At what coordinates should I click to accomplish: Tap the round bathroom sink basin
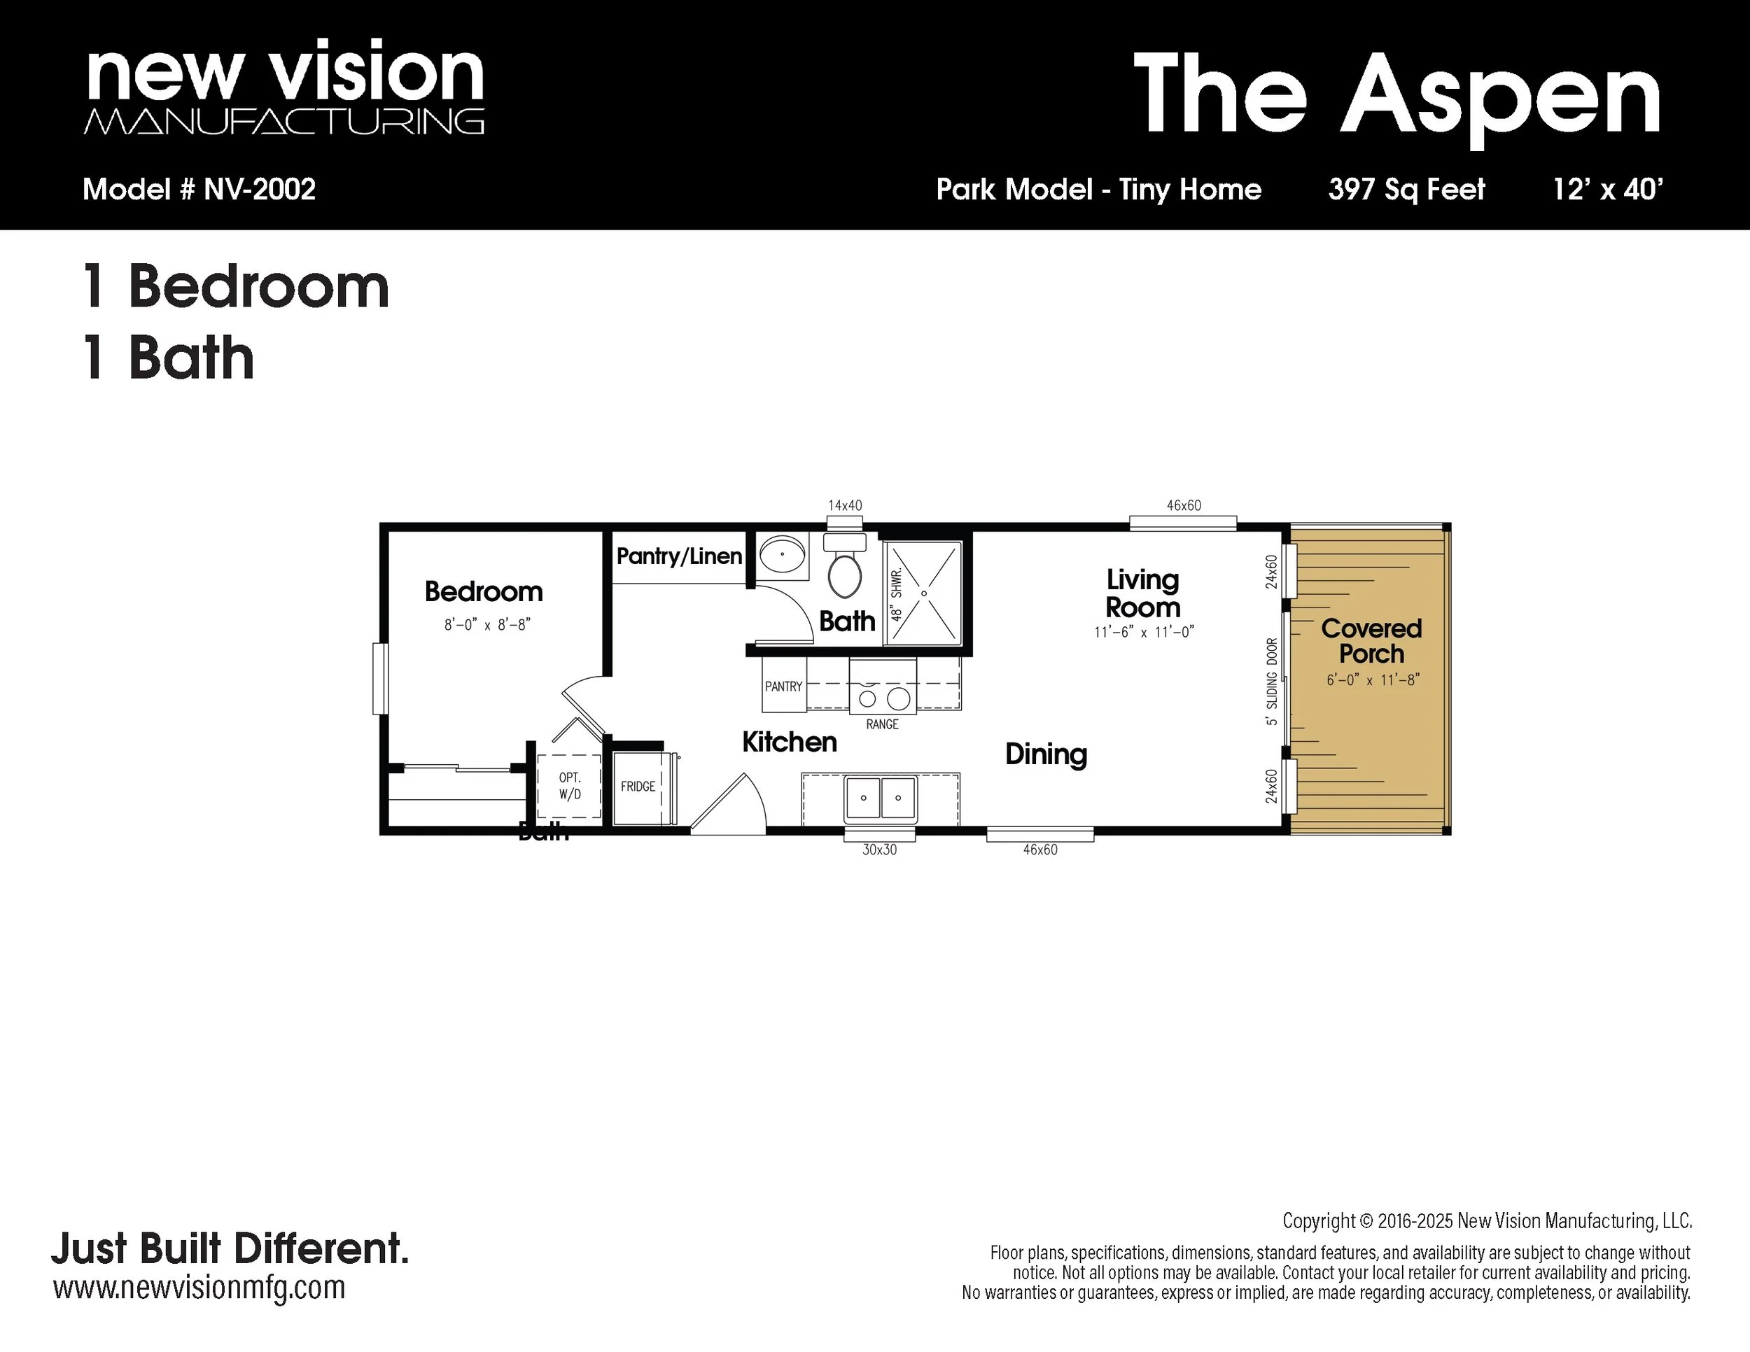click(x=782, y=554)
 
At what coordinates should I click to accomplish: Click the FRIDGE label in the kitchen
click(x=638, y=787)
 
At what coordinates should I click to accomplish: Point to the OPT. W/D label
click(x=570, y=786)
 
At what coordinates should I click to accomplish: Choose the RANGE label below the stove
click(x=882, y=724)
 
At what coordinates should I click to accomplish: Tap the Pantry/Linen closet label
click(x=680, y=556)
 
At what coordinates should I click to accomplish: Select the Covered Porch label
click(x=1371, y=641)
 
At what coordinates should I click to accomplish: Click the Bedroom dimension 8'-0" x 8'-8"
click(x=487, y=625)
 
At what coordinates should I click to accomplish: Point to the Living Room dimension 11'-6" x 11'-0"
click(x=1143, y=632)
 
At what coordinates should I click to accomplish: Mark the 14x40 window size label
click(x=845, y=505)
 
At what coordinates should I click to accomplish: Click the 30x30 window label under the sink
click(x=879, y=850)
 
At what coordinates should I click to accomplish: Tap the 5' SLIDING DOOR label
click(x=1272, y=682)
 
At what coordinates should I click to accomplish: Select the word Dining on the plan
click(x=1046, y=754)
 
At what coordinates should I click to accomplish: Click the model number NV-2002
click(x=260, y=190)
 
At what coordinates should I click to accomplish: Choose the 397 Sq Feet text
click(x=1406, y=190)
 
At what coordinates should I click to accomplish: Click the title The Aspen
click(x=1396, y=94)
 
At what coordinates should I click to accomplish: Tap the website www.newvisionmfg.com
click(x=199, y=1287)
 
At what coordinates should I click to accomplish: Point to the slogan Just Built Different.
click(x=230, y=1248)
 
